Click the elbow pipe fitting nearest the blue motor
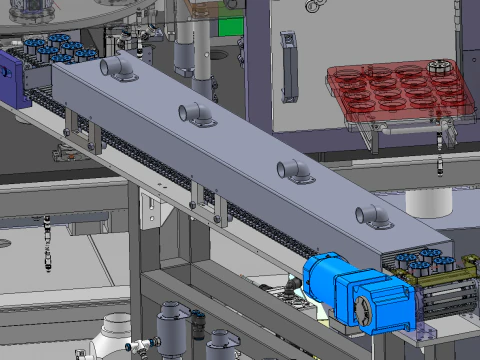point(371,214)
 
